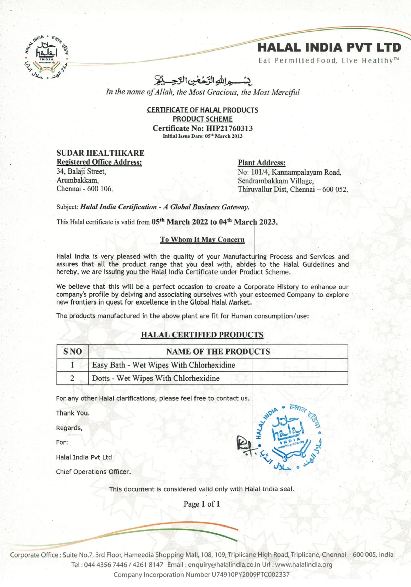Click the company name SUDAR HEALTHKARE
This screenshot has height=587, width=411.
100,153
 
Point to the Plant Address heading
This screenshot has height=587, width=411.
261,163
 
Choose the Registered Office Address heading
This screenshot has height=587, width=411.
99,162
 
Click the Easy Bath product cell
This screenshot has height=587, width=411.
164,365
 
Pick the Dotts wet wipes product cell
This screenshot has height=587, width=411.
156,378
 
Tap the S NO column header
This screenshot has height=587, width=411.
73,351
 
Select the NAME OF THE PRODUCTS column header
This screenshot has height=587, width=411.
218,351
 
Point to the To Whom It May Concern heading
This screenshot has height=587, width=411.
202,239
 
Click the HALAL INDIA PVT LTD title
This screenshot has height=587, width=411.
329,48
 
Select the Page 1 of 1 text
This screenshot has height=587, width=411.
202,504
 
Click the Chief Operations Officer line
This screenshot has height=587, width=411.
93,472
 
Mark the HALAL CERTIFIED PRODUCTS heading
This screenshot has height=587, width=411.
202,335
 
